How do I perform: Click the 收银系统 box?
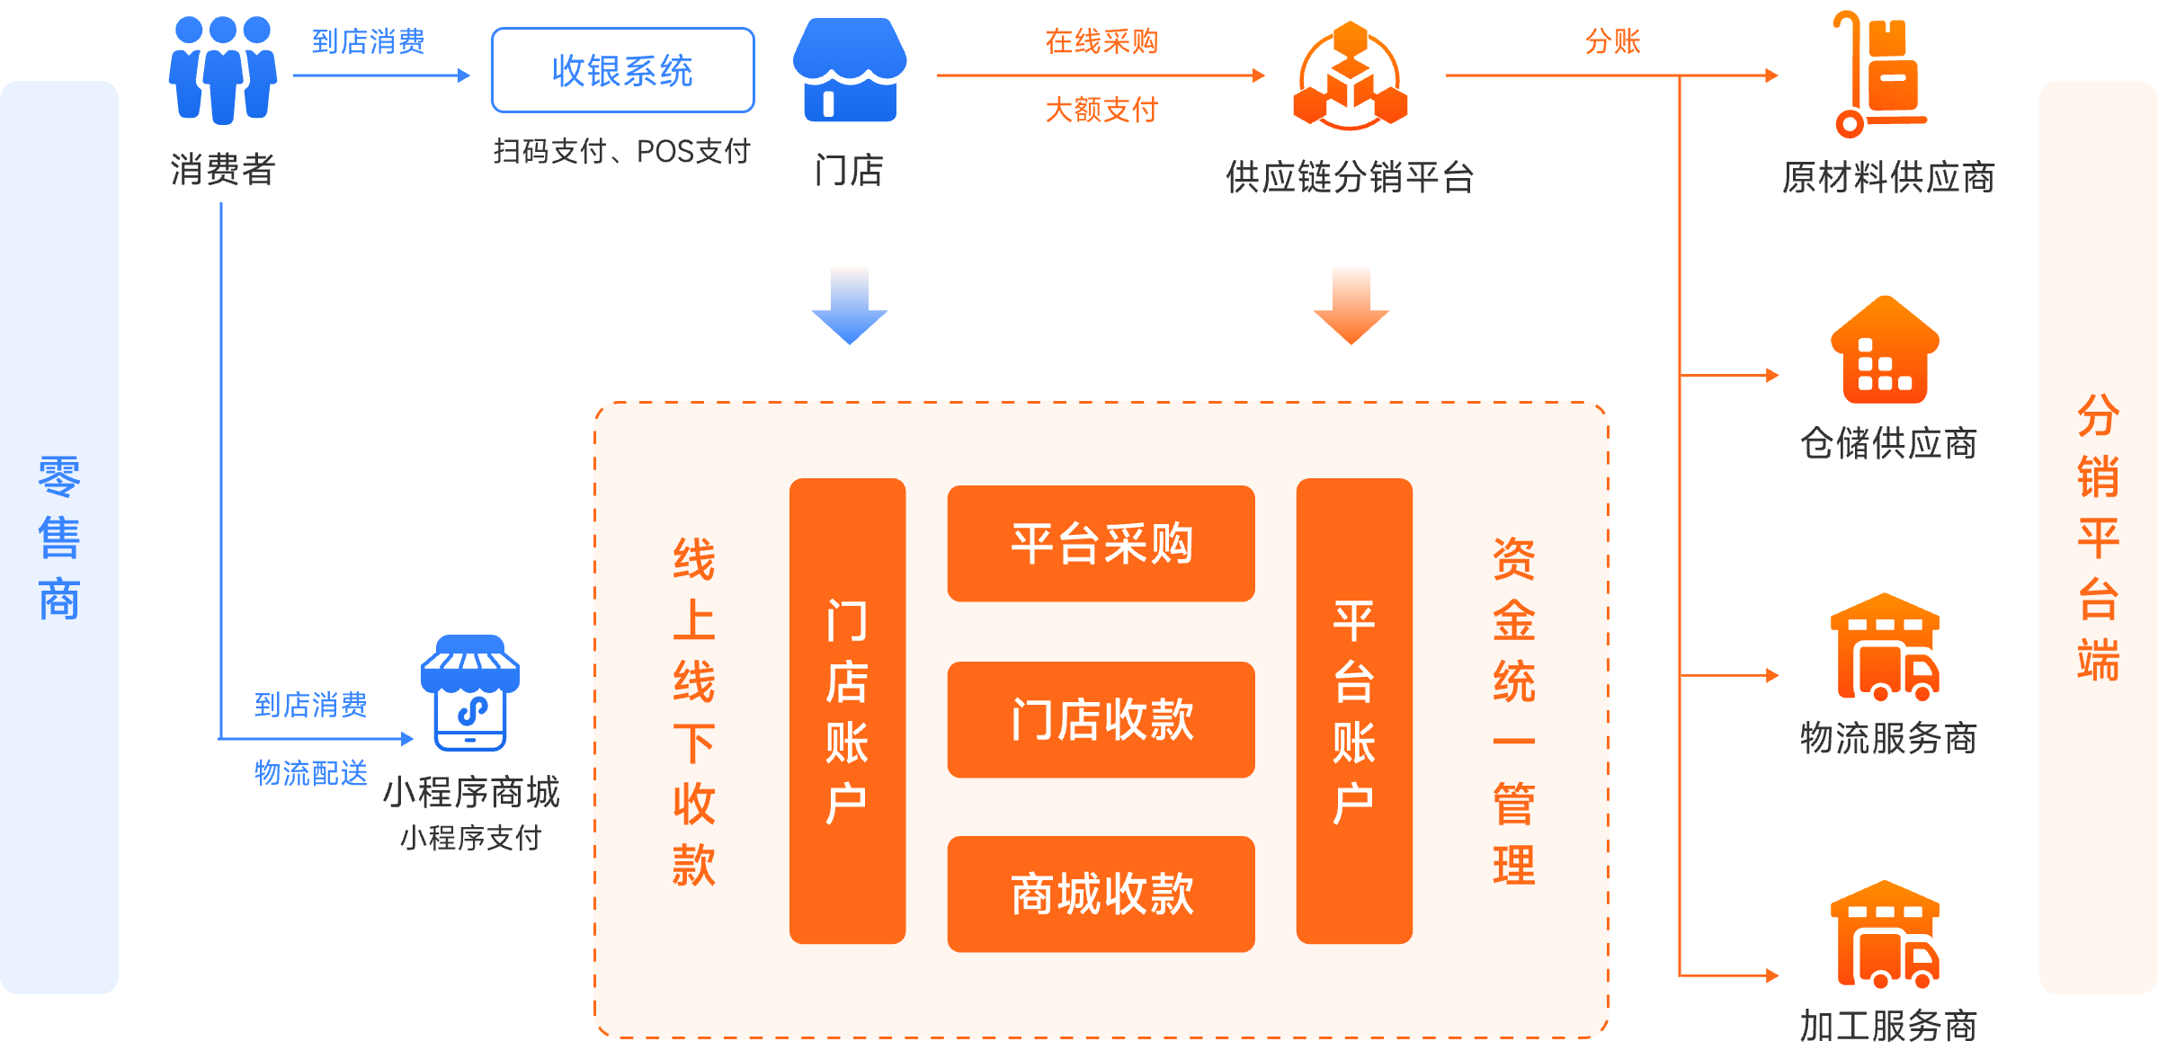coord(622,70)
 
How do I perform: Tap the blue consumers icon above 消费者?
coord(222,70)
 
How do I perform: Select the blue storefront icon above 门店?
coord(849,70)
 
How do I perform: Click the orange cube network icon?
coord(1350,76)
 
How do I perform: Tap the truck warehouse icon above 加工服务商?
coord(1885,935)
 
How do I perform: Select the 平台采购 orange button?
coord(1101,543)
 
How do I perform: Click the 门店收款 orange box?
coord(1101,719)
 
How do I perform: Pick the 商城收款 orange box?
coord(1101,894)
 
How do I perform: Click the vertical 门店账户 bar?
coord(847,710)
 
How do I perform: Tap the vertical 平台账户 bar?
coord(1354,710)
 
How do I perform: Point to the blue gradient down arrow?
coord(849,306)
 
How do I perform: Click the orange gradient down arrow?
coord(1351,306)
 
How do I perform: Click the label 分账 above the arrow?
coord(1612,41)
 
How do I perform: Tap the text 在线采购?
coord(1101,41)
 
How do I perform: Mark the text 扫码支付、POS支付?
coord(621,151)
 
